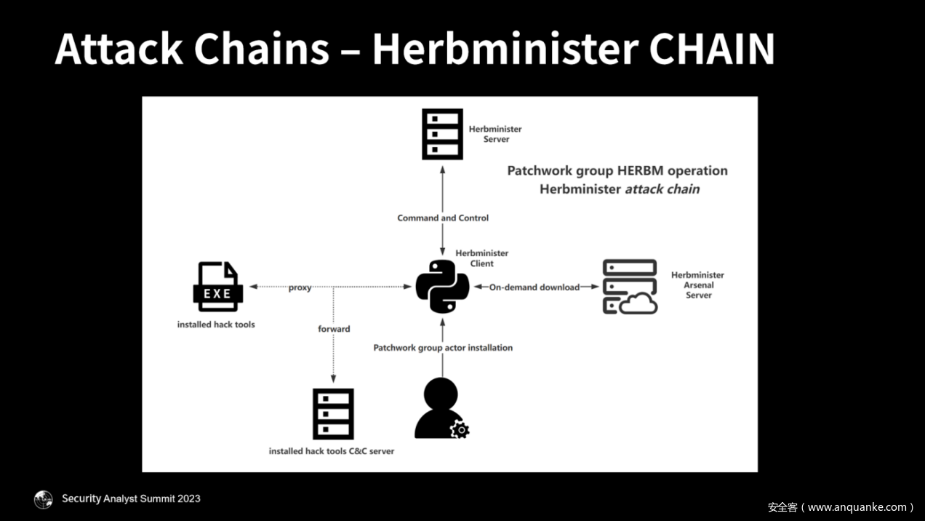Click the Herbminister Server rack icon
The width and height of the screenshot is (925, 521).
pos(442,134)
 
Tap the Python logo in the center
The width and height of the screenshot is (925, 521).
pos(442,287)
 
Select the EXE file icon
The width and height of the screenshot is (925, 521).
pos(217,287)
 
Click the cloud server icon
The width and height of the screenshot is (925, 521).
pos(630,287)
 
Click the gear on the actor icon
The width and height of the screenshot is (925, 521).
pos(460,430)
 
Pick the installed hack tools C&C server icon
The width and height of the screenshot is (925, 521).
pos(333,413)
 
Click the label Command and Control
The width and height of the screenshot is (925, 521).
pos(443,218)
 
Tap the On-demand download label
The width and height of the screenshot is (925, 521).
pos(534,287)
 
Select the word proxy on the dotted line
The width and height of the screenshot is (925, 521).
pos(300,287)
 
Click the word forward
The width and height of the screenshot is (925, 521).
pos(334,329)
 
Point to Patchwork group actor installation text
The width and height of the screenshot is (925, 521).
pos(443,348)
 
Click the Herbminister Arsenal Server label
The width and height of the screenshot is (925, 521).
pos(697,285)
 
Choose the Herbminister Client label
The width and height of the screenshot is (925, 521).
pos(481,258)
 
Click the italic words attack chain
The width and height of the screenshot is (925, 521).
pos(662,189)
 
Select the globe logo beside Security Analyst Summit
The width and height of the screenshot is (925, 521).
pos(44,499)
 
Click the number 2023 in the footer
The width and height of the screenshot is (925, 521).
pos(186,499)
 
